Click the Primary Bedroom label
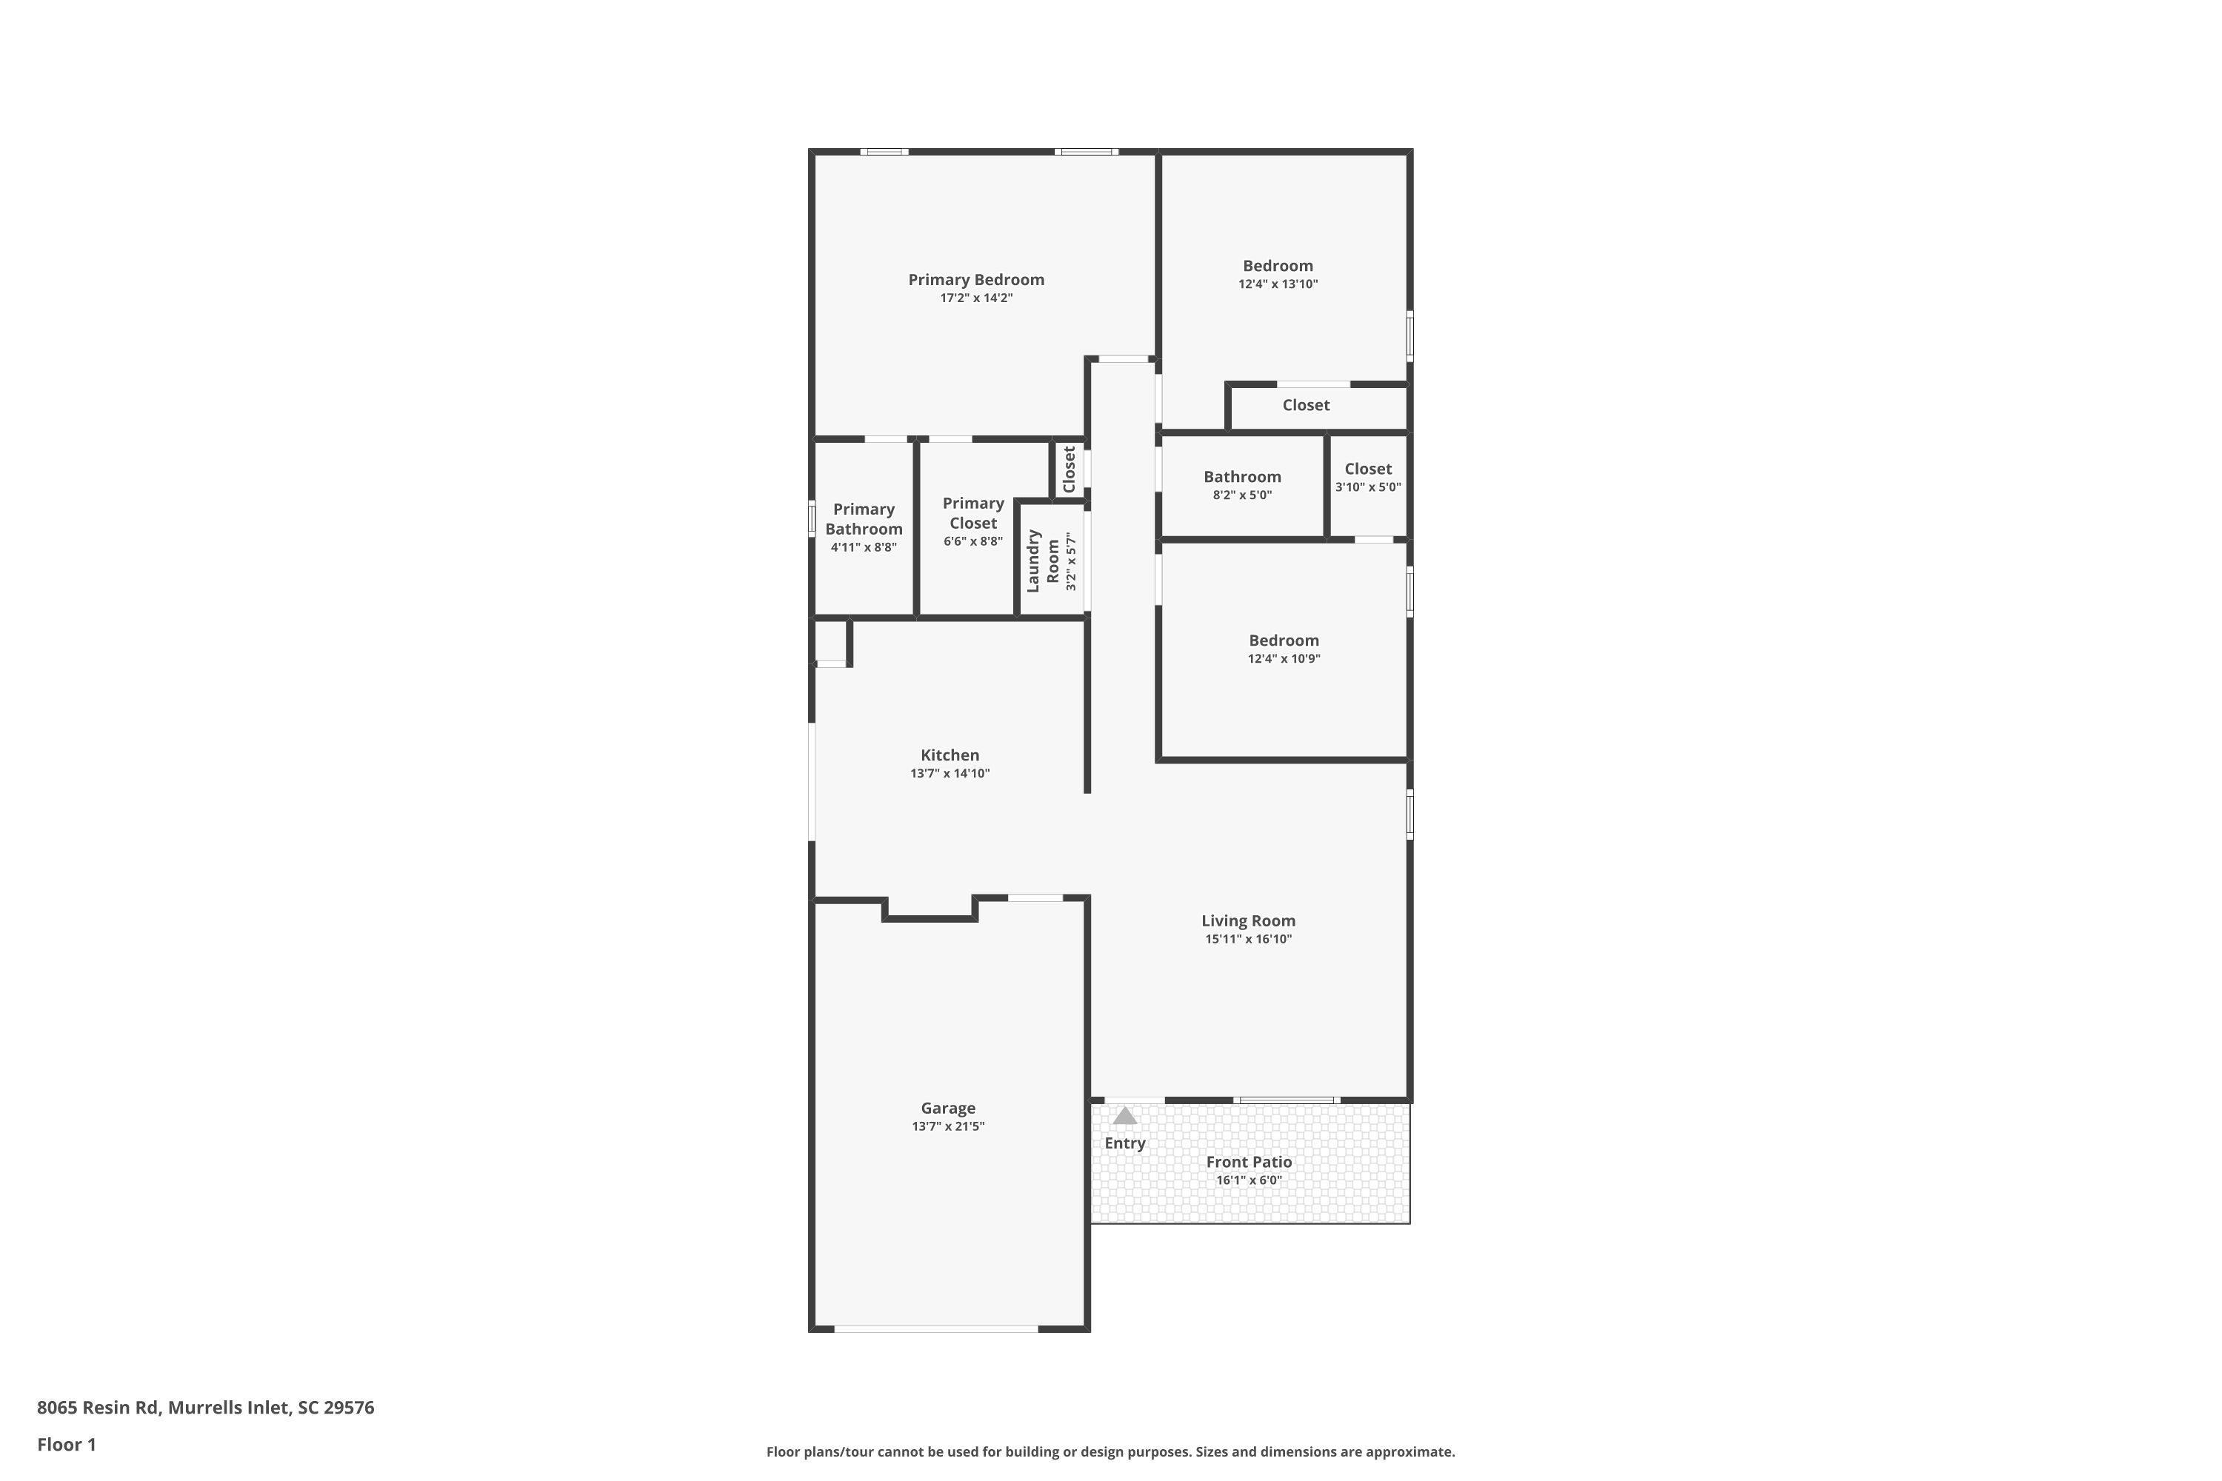(x=976, y=280)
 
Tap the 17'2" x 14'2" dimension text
(x=976, y=298)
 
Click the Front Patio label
(x=1249, y=1162)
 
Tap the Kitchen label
(x=950, y=755)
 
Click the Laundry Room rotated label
(x=1043, y=561)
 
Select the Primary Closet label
(x=973, y=513)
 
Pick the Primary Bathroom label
(x=864, y=518)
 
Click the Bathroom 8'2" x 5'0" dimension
(x=1242, y=495)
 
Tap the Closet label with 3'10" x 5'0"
(x=1368, y=469)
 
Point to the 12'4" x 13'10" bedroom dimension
(x=1278, y=284)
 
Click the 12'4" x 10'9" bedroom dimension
(x=1284, y=659)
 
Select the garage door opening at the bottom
(x=936, y=1329)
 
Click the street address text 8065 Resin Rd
(x=97, y=1408)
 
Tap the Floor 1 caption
(x=66, y=1444)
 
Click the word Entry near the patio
(x=1125, y=1143)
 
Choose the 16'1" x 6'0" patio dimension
(x=1249, y=1180)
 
